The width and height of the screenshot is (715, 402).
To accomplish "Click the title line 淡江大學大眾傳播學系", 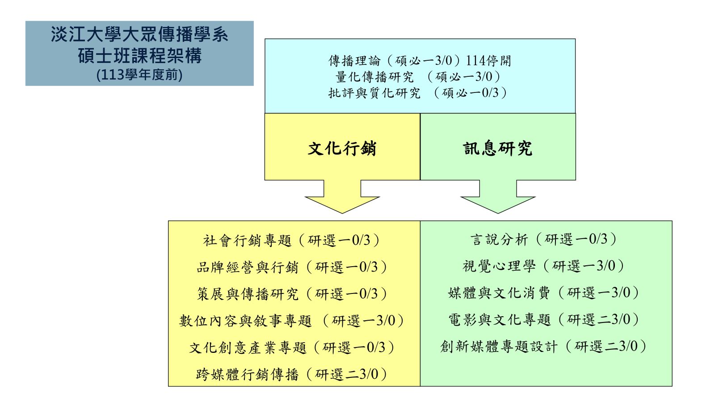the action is [139, 34].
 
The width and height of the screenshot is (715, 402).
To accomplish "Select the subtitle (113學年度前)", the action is [139, 75].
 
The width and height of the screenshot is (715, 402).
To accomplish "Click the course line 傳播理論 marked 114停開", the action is [420, 61].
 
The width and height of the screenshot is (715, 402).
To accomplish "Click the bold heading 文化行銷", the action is [342, 149].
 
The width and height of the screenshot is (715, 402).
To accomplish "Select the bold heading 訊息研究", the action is [498, 149].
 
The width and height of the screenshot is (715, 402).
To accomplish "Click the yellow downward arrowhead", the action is [342, 205].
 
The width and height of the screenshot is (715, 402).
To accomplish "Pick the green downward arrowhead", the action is [498, 205].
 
